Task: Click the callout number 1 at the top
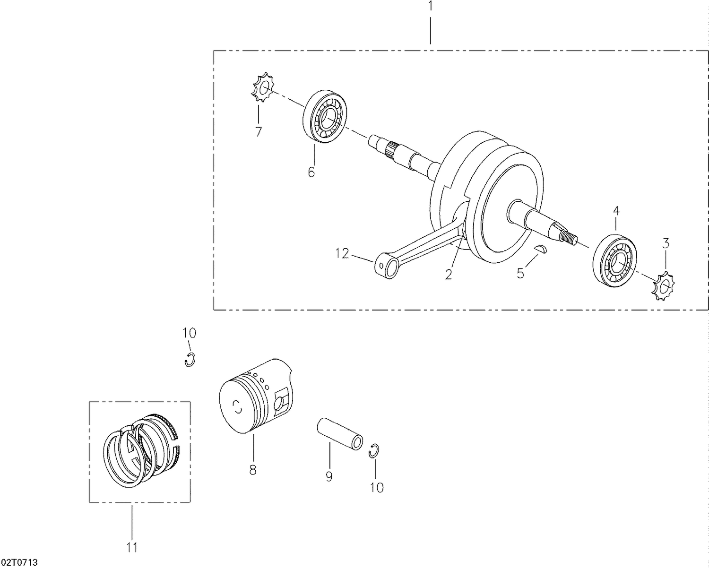[430, 6]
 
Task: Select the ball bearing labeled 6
[324, 116]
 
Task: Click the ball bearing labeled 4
[615, 259]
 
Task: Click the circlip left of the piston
[190, 359]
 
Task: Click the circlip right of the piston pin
[374, 451]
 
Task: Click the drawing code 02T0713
[19, 562]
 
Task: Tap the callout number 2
[449, 274]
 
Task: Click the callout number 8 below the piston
[253, 470]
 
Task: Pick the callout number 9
[329, 476]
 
